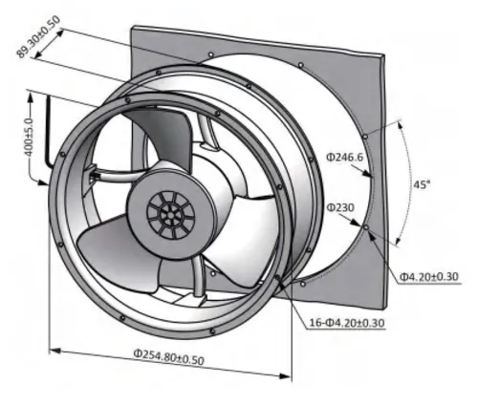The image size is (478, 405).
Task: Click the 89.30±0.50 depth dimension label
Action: tap(38, 37)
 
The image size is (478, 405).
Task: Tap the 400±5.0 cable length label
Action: tap(30, 138)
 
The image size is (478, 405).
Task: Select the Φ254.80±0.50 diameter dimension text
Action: tap(168, 357)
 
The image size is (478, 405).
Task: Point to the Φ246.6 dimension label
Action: tap(344, 158)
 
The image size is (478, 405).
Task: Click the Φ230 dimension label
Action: tap(340, 208)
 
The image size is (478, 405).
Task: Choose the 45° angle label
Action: tap(422, 184)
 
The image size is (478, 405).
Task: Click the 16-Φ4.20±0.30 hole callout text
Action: tap(347, 323)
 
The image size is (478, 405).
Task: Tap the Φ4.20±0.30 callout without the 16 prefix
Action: tap(429, 277)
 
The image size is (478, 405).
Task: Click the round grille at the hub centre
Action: tap(170, 215)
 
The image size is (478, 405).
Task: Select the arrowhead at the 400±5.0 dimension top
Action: tap(31, 97)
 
